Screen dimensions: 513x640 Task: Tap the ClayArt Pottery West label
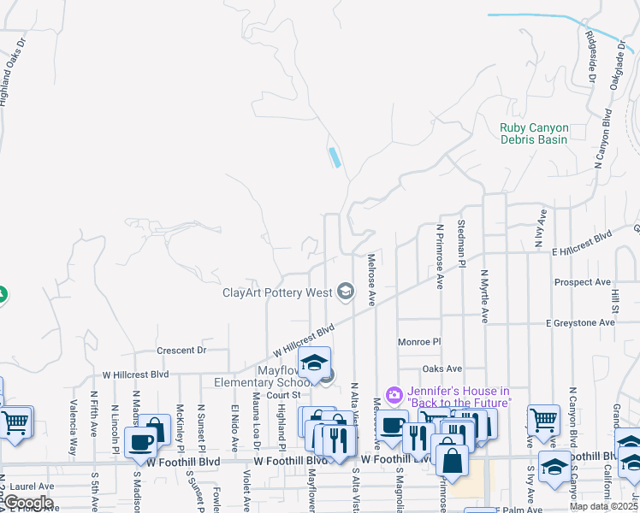coord(277,293)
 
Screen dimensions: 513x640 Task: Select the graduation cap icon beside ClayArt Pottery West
coord(346,292)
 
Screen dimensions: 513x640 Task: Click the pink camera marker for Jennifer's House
coord(394,394)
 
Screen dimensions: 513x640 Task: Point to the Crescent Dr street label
coord(182,350)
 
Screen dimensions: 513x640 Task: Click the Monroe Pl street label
coord(419,342)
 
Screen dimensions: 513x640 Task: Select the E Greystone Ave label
coord(581,323)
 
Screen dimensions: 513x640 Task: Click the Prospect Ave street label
coord(583,282)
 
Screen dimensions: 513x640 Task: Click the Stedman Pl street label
coord(461,243)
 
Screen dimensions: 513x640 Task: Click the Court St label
coord(283,395)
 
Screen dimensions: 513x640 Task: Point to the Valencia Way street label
coord(74,418)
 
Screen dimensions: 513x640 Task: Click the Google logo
coord(28,502)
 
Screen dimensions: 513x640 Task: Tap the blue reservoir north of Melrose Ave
coord(334,157)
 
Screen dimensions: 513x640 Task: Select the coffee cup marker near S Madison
coord(140,443)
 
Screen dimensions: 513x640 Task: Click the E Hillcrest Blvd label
coord(582,244)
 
